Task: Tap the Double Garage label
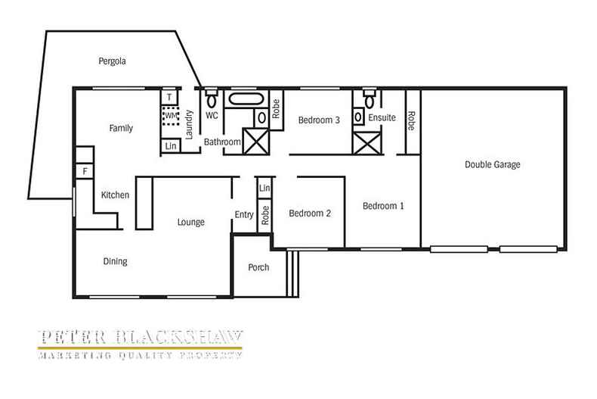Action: click(492, 164)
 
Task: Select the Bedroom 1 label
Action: click(382, 206)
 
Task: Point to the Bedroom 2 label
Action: click(310, 214)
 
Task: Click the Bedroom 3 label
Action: click(318, 120)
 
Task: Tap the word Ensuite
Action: click(382, 118)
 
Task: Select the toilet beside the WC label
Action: click(212, 98)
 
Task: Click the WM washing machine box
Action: click(171, 116)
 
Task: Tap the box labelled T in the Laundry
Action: click(170, 98)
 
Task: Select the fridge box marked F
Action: click(85, 172)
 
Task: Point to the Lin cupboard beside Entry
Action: click(264, 188)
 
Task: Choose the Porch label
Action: click(258, 267)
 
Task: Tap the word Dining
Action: click(115, 262)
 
